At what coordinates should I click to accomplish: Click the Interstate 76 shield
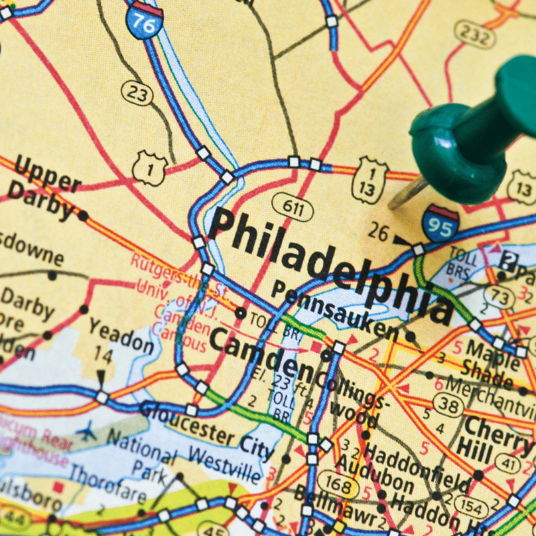[x=144, y=19]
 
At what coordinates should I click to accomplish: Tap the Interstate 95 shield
[x=440, y=224]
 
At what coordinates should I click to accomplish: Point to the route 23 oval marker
[x=137, y=93]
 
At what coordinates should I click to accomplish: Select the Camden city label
[x=261, y=354]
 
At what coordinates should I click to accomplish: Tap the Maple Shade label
[x=492, y=358]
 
